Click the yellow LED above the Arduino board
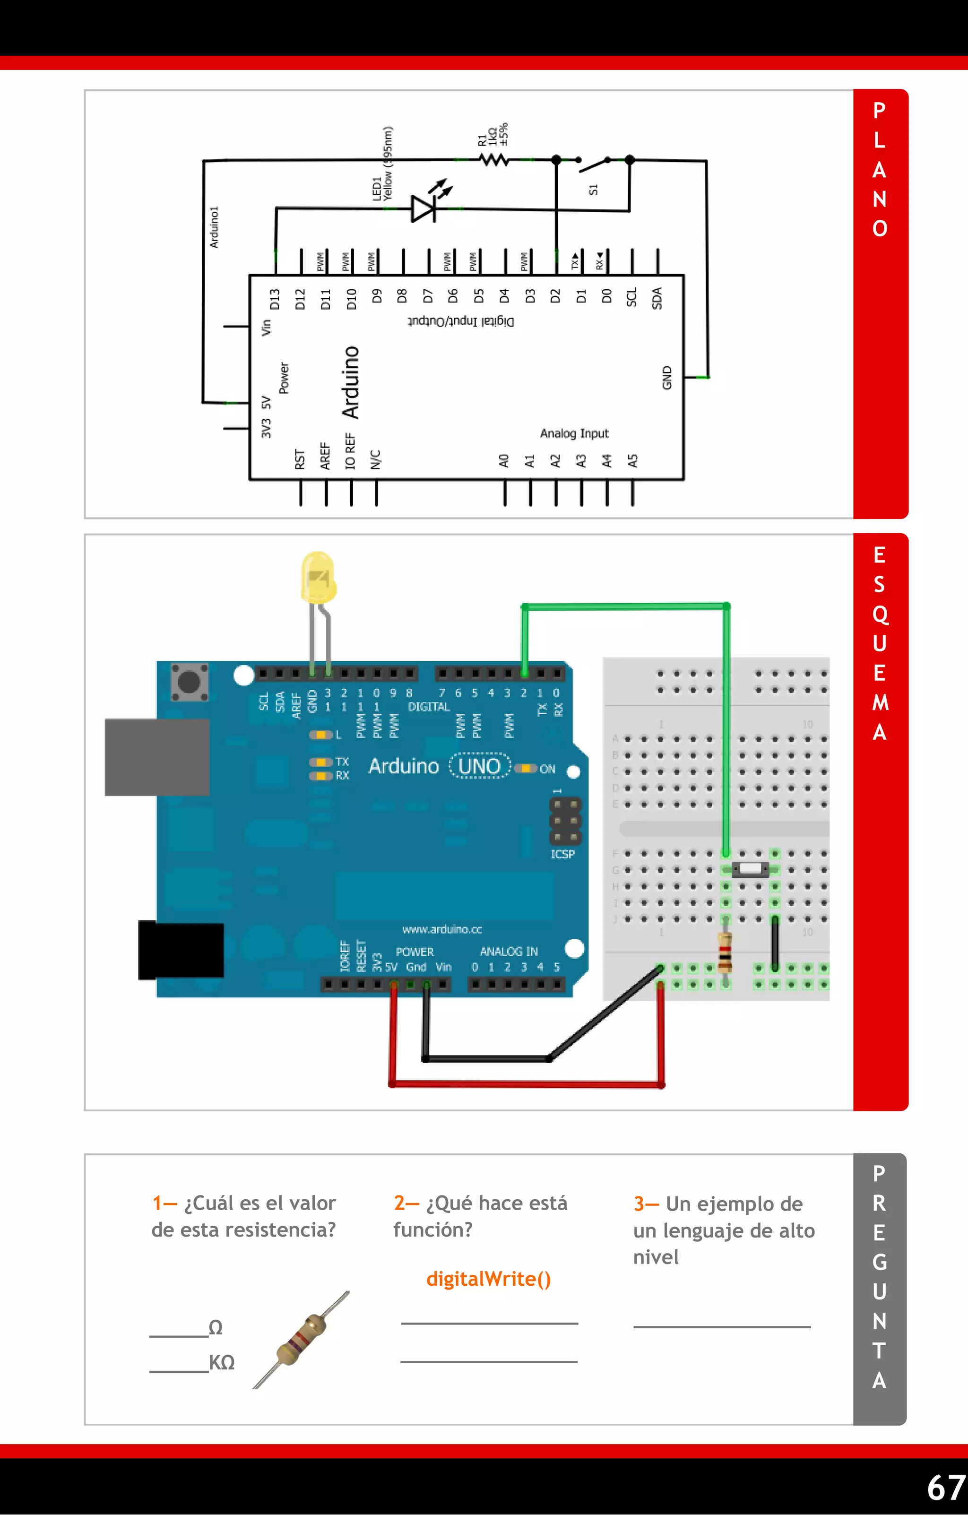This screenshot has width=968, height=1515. pos(318,578)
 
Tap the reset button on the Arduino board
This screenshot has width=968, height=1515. pos(190,681)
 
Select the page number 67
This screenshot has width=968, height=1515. pos(946,1487)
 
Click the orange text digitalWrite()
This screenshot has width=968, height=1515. pos(488,1279)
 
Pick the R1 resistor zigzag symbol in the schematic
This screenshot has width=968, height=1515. pos(494,160)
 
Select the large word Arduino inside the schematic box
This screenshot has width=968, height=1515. pos(350,381)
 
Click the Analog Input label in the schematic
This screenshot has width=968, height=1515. pos(574,433)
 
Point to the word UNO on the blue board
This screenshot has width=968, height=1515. pos(479,766)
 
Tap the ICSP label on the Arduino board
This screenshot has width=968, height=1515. pos(562,854)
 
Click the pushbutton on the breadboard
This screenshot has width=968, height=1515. pos(750,869)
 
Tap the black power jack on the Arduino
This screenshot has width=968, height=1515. pos(181,950)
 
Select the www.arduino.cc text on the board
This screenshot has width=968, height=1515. pos(442,929)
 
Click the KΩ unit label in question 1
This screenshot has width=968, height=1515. pos(221,1363)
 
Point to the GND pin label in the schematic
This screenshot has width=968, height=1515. pos(667,378)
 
